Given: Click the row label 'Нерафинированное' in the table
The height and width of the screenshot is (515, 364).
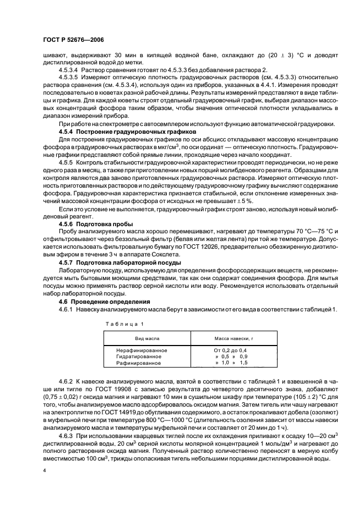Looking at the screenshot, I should tap(142, 350).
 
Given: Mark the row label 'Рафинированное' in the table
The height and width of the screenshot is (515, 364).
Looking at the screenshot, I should tap(138, 364).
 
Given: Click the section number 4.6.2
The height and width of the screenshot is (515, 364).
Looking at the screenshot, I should tap(67, 381).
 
